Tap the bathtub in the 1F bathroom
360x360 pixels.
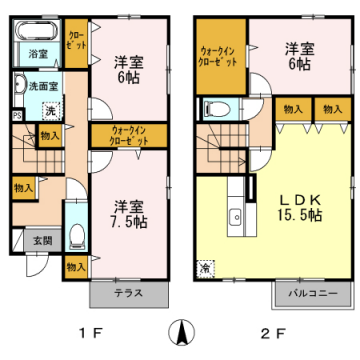click(36, 30)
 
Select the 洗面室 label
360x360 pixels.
click(41, 87)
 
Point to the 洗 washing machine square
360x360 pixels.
click(48, 110)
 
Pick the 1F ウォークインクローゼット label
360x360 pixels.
click(125, 135)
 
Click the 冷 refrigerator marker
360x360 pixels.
click(205, 267)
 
